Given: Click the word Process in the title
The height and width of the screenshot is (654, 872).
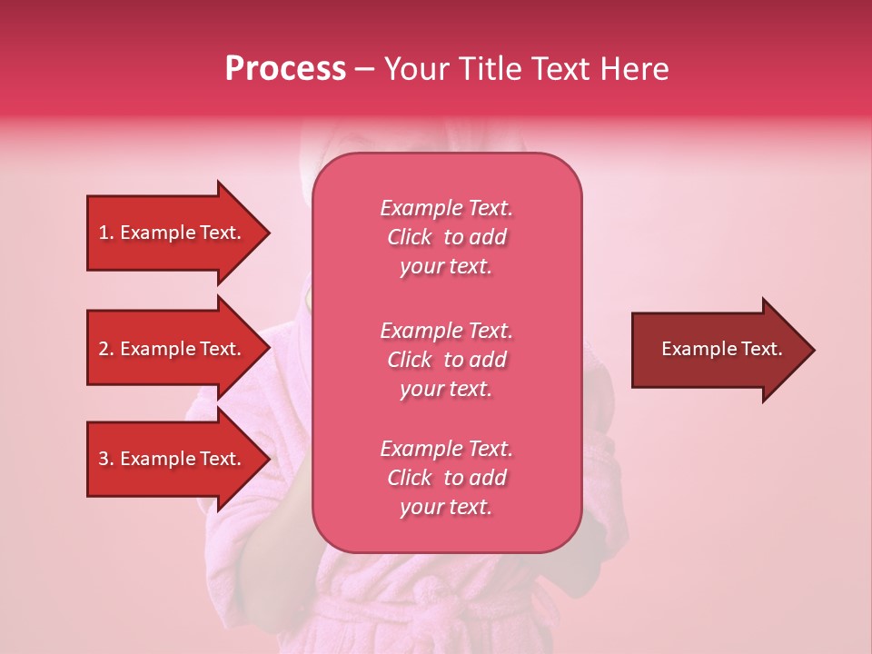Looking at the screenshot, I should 285,69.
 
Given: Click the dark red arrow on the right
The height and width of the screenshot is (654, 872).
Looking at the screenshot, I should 718,350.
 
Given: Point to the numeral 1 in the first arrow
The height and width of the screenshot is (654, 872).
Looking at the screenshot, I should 104,233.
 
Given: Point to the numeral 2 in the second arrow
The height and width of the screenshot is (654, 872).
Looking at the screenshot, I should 104,349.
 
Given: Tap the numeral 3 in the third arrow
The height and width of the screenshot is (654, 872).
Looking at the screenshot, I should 104,459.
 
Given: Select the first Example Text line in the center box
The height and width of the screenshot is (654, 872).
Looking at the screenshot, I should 446,208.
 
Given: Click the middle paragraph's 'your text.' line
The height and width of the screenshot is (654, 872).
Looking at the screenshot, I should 446,389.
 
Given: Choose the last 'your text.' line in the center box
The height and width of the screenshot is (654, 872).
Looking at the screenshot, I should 446,507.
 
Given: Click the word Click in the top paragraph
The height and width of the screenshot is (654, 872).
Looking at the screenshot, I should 410,237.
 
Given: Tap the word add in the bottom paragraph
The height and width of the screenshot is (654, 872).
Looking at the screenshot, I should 488,478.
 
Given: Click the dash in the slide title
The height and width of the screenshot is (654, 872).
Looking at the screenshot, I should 364,69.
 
